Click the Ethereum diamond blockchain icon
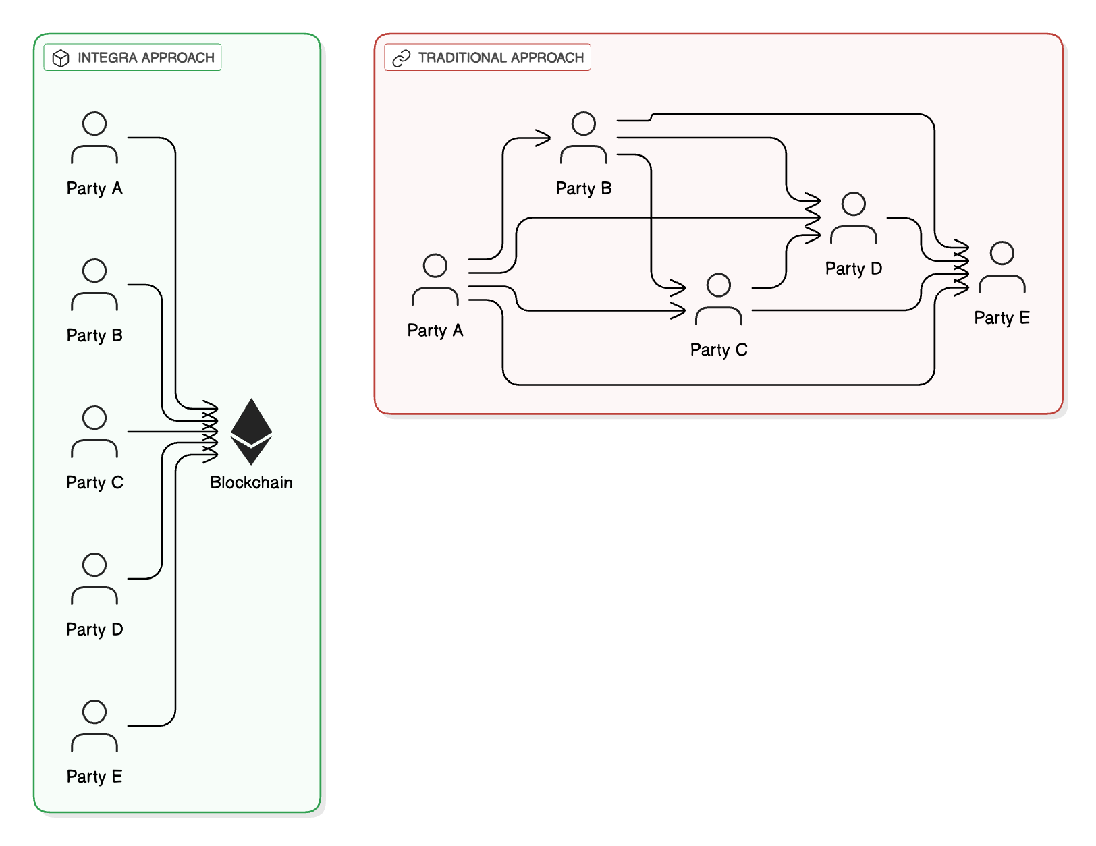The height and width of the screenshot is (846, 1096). click(x=251, y=432)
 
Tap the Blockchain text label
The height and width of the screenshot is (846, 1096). click(x=251, y=482)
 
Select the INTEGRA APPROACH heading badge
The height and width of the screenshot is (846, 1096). click(x=133, y=57)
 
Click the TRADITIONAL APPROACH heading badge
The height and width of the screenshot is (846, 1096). click(x=488, y=57)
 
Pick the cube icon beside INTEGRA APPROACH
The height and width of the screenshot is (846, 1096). click(x=61, y=58)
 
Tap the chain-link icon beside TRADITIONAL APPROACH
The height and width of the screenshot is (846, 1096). click(x=402, y=58)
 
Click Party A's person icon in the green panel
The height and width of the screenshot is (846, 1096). click(x=94, y=138)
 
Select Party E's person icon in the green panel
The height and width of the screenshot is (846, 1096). click(x=94, y=727)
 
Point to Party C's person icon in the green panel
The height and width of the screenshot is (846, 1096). click(x=94, y=432)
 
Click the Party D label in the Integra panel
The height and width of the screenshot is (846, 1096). click(x=94, y=629)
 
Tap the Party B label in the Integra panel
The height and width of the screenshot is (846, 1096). click(x=94, y=335)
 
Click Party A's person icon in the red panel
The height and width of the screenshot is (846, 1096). click(x=435, y=280)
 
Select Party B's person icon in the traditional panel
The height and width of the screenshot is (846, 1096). click(x=584, y=138)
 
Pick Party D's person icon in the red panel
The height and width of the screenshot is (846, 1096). click(x=854, y=218)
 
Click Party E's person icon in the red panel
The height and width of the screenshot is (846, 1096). click(x=1002, y=267)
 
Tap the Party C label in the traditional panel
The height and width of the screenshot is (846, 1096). click(x=719, y=349)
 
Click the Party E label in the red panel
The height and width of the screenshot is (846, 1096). click(x=1002, y=318)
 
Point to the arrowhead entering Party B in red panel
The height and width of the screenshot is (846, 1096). click(x=544, y=138)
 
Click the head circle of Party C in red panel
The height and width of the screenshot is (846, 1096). click(x=719, y=285)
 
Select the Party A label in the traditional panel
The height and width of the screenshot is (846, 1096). click(x=435, y=331)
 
